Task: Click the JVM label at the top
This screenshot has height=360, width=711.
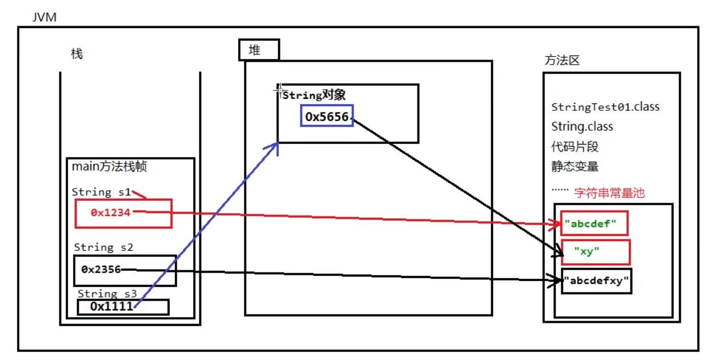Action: (x=45, y=17)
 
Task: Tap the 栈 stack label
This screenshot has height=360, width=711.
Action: (x=77, y=54)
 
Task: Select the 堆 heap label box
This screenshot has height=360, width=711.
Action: (x=259, y=50)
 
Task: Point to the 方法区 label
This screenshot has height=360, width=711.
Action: (x=562, y=60)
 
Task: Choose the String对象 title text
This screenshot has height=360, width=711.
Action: (x=314, y=95)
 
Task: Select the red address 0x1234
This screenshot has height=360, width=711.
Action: (x=111, y=213)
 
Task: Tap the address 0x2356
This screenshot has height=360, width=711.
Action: (x=101, y=269)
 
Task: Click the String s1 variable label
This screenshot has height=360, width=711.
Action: (x=101, y=192)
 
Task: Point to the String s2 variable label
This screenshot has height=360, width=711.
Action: (x=103, y=247)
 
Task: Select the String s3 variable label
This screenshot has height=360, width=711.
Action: (x=108, y=294)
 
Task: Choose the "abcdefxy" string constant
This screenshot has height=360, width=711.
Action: (x=596, y=281)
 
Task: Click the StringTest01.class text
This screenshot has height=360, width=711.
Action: (x=605, y=107)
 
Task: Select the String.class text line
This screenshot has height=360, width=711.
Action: (x=582, y=126)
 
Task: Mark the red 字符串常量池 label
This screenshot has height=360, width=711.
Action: (x=609, y=193)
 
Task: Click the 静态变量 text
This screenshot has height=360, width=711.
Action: (x=575, y=167)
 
